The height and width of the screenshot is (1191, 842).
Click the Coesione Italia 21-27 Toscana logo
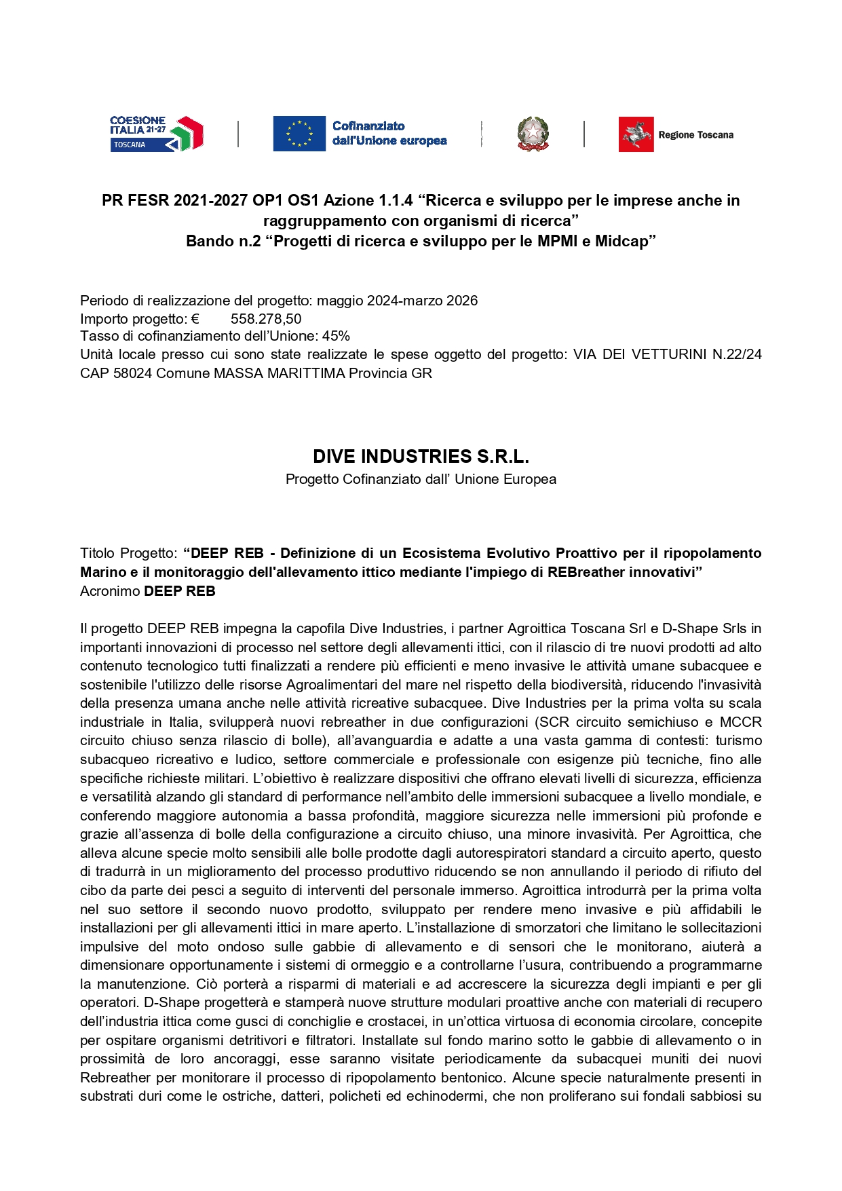157,134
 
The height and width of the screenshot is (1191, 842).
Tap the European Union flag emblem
299,134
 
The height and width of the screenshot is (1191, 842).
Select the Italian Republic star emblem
533,134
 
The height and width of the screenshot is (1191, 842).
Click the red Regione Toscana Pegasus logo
636,134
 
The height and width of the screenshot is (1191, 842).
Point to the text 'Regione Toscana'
695,135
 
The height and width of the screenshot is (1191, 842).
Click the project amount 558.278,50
266,319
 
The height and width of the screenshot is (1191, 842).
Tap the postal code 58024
133,373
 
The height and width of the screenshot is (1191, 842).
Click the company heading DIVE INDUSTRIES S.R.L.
421,456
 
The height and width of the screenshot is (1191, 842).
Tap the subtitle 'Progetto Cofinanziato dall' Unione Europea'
421,479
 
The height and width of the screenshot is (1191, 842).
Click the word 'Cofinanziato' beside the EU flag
368,126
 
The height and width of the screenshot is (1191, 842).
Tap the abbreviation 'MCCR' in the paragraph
740,722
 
